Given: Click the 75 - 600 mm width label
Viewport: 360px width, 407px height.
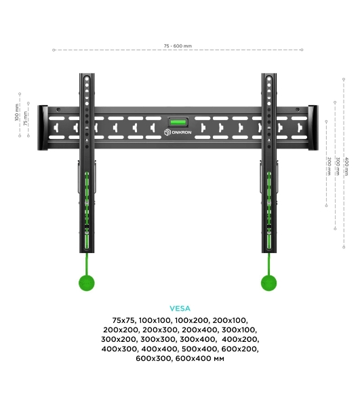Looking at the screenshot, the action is click(178, 46).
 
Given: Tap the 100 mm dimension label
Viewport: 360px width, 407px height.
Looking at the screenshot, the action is click(17, 113).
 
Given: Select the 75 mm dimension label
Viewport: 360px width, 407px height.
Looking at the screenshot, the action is click(25, 119).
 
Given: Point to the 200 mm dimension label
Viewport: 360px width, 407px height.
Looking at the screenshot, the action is click(329, 166).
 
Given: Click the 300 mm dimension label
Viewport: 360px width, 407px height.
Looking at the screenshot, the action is click(338, 166).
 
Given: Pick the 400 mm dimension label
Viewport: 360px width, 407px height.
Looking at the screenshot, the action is click(346, 166).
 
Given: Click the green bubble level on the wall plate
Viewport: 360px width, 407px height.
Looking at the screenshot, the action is click(178, 121).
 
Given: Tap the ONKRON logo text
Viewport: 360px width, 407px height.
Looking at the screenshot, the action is click(182, 132).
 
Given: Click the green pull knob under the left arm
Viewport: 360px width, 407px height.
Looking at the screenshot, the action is click(87, 283).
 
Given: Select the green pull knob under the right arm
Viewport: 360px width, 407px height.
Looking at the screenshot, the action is click(268, 283).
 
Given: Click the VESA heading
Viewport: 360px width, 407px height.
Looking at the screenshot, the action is click(180, 309).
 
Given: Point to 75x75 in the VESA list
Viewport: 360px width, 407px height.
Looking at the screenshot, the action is click(123, 320).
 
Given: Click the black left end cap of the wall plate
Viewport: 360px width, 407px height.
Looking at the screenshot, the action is click(43, 128).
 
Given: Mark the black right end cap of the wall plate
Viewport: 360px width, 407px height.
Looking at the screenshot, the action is click(313, 128).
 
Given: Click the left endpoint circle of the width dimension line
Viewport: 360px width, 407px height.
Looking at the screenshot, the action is click(54, 50).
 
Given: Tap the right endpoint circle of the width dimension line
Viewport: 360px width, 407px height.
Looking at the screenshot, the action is click(302, 50).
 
